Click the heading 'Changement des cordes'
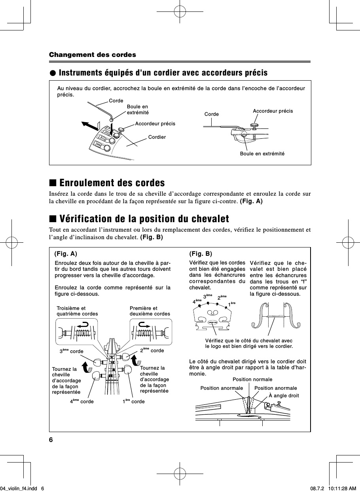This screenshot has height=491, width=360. pos(92,55)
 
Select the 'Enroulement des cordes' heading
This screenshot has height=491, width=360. pos(112,183)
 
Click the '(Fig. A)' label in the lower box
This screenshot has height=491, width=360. pos(66,253)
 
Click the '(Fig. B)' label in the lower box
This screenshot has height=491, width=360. pos(201,253)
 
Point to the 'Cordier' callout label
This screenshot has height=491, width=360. pos(157,137)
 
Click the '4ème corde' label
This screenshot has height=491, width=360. pos(82,401)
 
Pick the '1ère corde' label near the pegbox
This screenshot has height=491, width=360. pos(133,401)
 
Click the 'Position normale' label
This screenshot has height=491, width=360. pos(252,380)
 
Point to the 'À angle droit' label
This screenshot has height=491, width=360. pos(284,395)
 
